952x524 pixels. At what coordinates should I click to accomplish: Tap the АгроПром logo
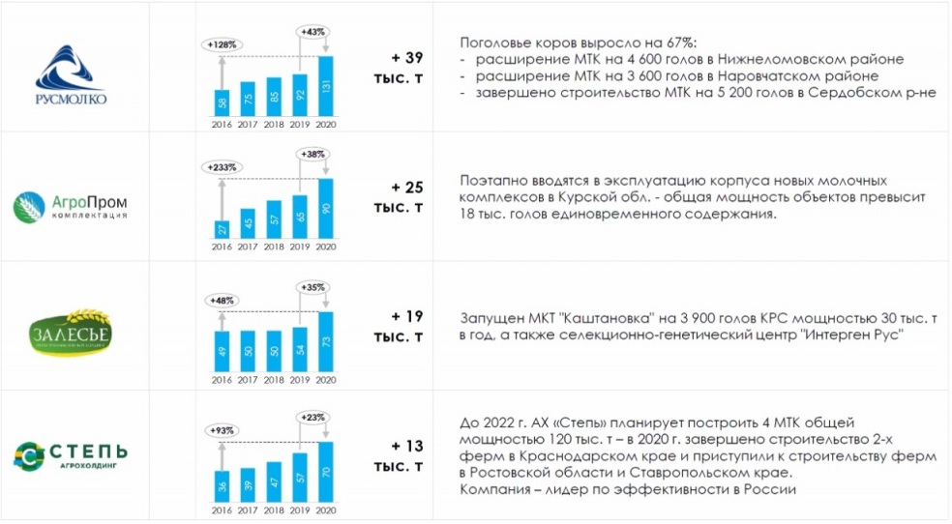click(x=71, y=205)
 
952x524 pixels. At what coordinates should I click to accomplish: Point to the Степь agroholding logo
click(x=71, y=454)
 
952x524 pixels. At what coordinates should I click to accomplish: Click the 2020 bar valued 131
click(x=326, y=85)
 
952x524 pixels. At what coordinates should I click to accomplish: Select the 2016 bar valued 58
click(x=222, y=102)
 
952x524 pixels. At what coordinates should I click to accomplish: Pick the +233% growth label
click(x=222, y=167)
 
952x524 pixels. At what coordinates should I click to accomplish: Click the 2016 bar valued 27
click(x=222, y=229)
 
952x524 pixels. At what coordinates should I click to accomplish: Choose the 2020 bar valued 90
click(x=326, y=209)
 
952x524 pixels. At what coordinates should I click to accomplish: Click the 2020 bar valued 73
click(x=326, y=340)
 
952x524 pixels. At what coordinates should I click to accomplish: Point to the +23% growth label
click(x=313, y=416)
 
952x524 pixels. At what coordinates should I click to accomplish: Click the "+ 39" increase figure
click(x=407, y=58)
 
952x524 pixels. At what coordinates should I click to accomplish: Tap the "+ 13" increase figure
click(x=407, y=446)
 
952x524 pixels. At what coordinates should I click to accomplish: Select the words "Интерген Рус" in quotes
click(x=859, y=335)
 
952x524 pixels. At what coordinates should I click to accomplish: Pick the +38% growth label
click(x=313, y=155)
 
